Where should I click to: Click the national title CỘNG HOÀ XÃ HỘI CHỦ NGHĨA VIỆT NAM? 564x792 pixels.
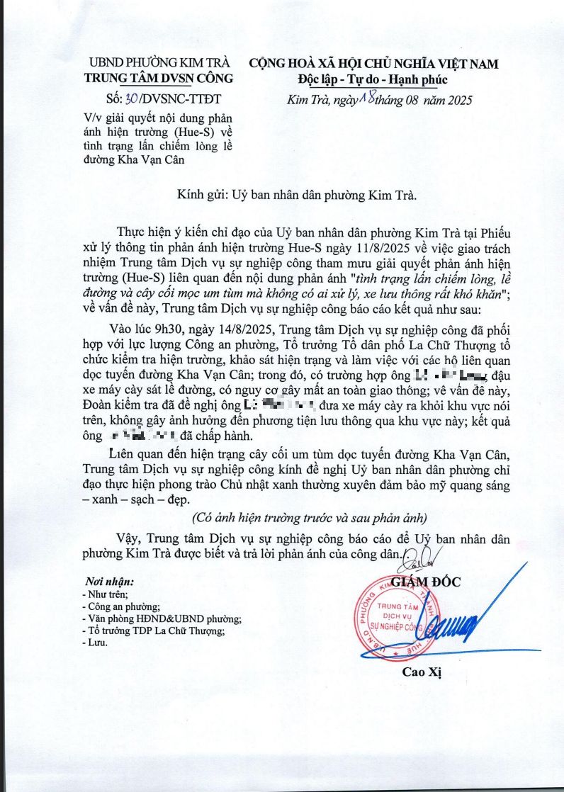click(373, 64)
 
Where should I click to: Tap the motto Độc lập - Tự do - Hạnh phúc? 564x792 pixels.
click(373, 79)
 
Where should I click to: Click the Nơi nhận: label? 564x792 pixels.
click(109, 582)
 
